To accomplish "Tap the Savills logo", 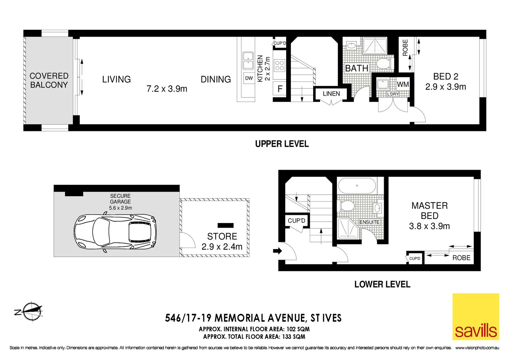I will tap(475, 317).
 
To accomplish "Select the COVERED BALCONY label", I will tap(49, 80).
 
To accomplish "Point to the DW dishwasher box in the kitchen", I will tap(249, 78).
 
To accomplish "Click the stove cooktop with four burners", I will tap(279, 66).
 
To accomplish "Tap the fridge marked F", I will tap(280, 89).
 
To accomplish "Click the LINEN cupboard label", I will tap(331, 94).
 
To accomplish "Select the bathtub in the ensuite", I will tap(357, 186).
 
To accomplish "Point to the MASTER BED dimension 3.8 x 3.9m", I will tap(429, 226).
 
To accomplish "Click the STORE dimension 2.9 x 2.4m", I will tap(222, 247).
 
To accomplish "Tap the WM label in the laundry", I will tap(403, 84).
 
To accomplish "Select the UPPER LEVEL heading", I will tap(282, 144).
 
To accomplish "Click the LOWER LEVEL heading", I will tap(382, 284).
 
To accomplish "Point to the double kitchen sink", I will tap(248, 61).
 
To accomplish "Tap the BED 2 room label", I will tap(445, 76).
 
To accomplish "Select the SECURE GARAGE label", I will tap(120, 199).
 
